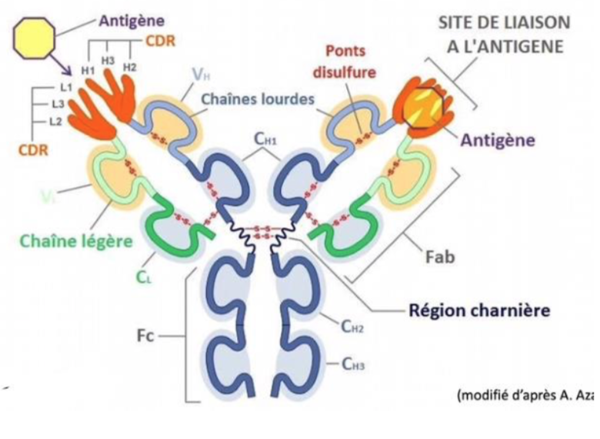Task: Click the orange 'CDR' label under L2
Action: pyautogui.click(x=33, y=149)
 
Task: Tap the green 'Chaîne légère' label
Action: pyautogui.click(x=75, y=241)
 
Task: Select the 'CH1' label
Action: pyautogui.click(x=265, y=139)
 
